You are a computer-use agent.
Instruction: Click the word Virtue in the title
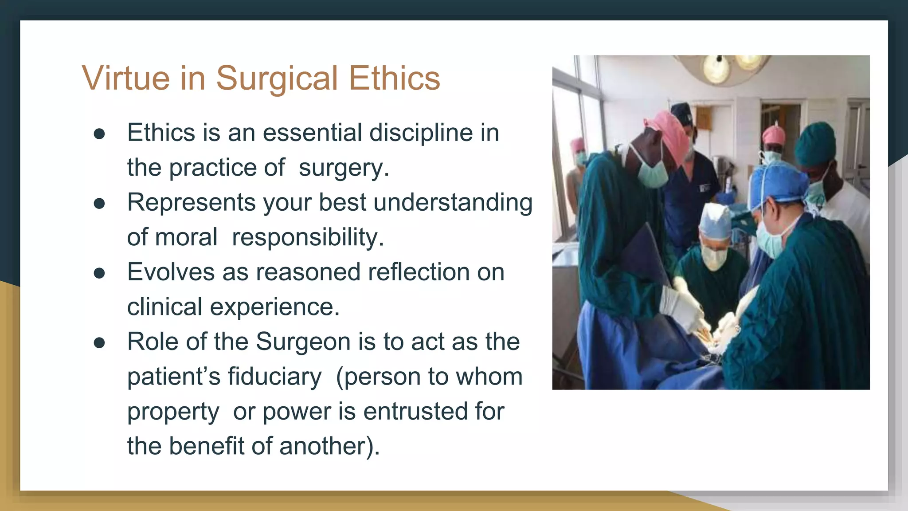click(x=125, y=78)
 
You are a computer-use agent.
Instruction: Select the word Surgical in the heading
click(x=277, y=79)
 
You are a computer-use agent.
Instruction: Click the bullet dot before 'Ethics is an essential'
click(x=99, y=134)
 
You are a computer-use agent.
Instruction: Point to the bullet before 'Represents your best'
click(x=99, y=204)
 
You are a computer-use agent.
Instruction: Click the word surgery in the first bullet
click(x=344, y=168)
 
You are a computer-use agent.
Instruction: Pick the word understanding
click(x=453, y=203)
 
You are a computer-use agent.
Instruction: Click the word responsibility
click(x=308, y=237)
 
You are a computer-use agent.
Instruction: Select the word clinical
click(x=164, y=307)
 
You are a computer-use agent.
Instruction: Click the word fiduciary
click(x=274, y=377)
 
